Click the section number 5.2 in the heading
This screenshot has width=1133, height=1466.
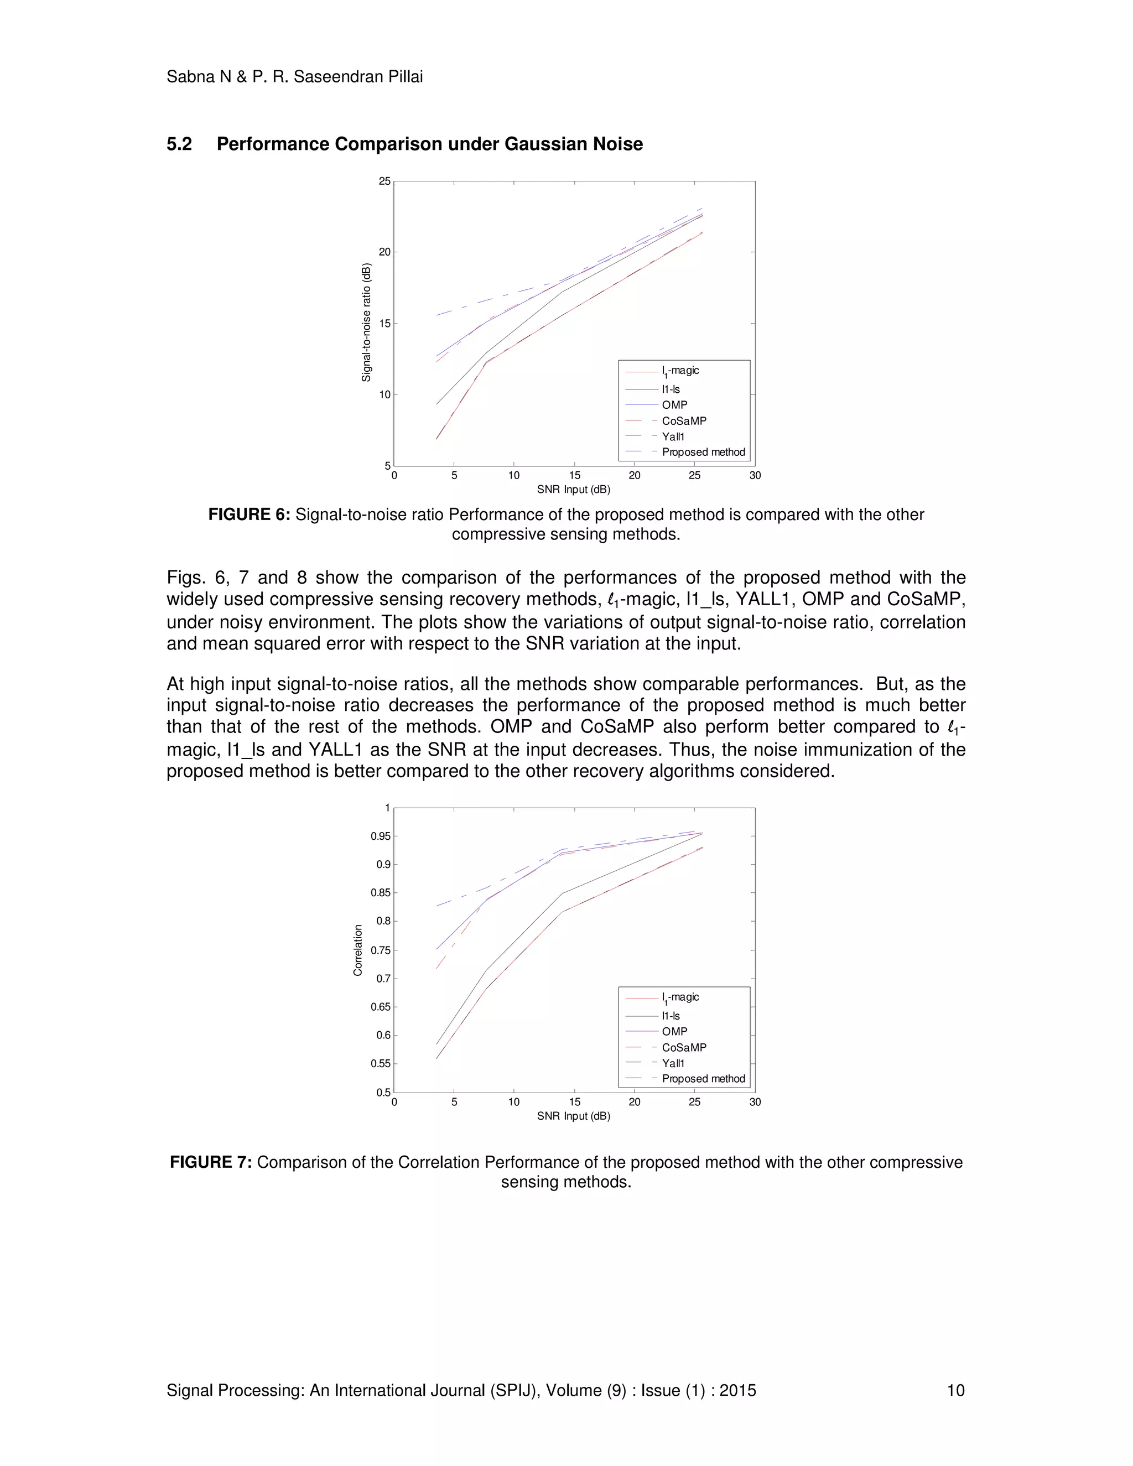[179, 144]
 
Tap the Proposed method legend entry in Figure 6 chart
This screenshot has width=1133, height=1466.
[703, 453]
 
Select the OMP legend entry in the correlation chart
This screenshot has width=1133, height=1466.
[674, 1031]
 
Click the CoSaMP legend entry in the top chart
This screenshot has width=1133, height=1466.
[683, 421]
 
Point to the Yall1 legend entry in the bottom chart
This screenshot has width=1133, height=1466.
[673, 1063]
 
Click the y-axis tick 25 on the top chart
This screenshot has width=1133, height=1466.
[384, 181]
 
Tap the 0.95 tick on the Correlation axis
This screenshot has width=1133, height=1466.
[381, 836]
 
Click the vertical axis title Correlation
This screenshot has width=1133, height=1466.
[358, 950]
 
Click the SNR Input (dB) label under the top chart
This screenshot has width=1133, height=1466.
[573, 490]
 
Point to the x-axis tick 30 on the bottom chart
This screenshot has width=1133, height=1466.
[755, 1101]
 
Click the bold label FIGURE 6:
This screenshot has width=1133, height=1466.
[249, 515]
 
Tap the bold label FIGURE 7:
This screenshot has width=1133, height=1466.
[211, 1162]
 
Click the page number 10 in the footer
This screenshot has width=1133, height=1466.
[955, 1390]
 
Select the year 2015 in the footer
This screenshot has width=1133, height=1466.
[737, 1390]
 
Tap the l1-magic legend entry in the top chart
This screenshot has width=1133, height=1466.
[679, 371]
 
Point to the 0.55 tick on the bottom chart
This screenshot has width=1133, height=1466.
[381, 1063]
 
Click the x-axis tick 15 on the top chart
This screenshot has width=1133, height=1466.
[575, 475]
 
